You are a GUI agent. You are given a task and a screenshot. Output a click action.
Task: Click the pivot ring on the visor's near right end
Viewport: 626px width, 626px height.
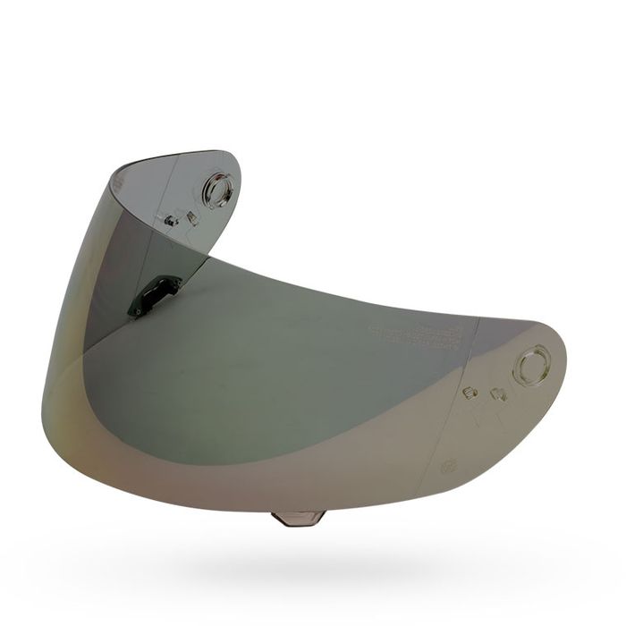[530, 366]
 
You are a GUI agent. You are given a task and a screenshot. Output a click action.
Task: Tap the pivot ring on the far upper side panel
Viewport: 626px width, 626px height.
[216, 189]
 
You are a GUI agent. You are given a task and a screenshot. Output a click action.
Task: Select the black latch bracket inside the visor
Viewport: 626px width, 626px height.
[154, 293]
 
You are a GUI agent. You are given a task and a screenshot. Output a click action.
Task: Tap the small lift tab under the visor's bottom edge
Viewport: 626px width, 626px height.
[298, 518]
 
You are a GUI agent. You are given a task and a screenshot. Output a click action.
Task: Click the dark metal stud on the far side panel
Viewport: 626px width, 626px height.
[171, 218]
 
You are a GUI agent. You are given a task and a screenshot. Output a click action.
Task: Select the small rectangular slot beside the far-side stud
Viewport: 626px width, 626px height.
[190, 220]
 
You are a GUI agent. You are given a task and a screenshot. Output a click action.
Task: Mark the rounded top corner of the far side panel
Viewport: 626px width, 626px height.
[234, 161]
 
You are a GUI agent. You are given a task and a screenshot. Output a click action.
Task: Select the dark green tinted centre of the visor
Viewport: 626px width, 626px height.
[268, 358]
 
